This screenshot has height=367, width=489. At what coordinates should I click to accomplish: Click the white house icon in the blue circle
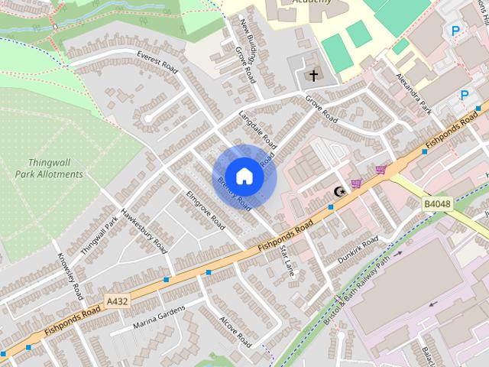[x=244, y=176]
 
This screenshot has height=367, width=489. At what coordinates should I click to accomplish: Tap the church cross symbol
[x=312, y=75]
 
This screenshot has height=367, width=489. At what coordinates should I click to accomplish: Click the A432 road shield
[x=117, y=302]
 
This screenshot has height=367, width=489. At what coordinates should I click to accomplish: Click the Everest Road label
[x=157, y=63]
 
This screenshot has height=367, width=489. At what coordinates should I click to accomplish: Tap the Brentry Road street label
[x=234, y=194]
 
